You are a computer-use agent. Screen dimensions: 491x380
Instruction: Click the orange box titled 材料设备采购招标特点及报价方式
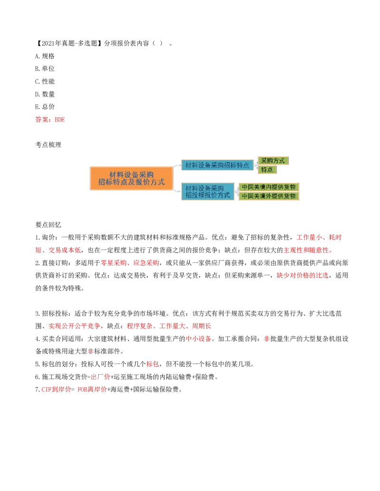(131, 178)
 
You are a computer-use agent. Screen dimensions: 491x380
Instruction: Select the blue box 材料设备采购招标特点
(217, 165)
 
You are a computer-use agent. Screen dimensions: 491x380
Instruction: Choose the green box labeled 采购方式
(273, 161)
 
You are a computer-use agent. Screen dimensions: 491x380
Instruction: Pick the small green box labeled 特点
(267, 169)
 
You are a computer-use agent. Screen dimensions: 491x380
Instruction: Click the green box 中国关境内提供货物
(269, 187)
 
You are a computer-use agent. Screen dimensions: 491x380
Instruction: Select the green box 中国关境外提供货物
(269, 196)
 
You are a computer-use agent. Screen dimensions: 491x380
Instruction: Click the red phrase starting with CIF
(56, 389)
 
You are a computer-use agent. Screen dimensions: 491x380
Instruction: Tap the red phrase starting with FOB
(92, 389)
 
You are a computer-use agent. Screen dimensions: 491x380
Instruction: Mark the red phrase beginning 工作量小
(319, 237)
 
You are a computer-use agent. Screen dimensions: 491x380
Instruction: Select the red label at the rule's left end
(50, 120)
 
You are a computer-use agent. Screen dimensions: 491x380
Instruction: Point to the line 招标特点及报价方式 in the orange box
(131, 182)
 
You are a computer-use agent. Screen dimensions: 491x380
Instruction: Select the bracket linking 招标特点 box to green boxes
(255, 165)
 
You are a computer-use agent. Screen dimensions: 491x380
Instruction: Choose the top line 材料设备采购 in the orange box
(131, 174)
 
